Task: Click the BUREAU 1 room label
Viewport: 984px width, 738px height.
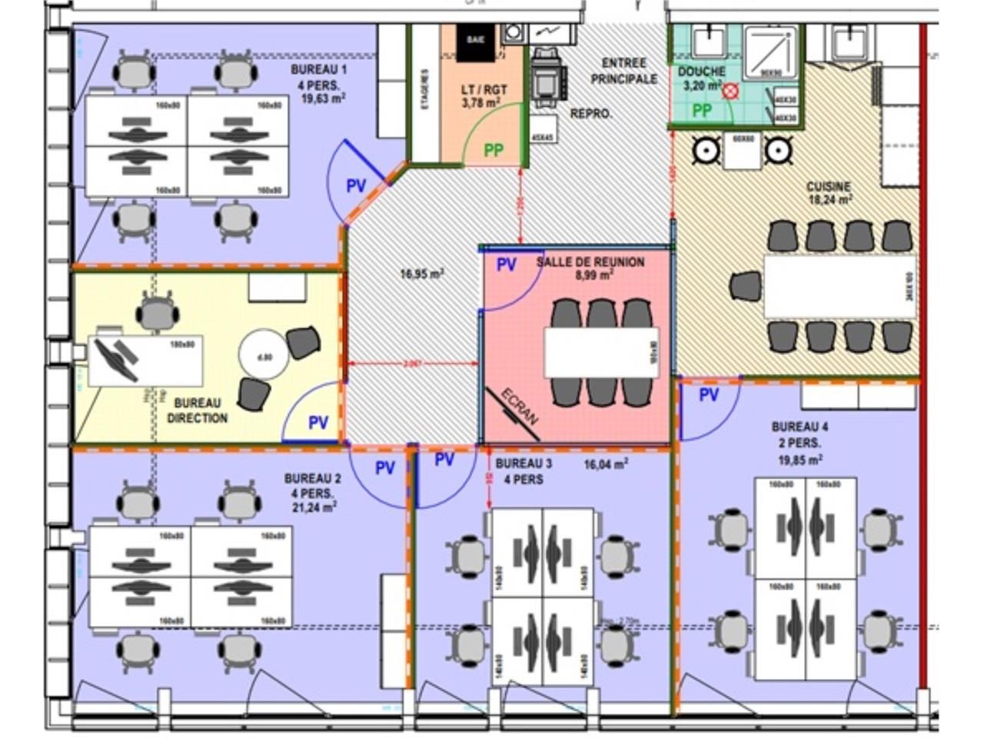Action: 319,69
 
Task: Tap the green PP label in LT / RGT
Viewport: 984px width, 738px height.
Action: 494,150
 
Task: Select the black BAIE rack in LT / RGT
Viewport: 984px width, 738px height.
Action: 477,42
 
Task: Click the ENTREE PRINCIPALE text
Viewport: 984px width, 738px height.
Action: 623,71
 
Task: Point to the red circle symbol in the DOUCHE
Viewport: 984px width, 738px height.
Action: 730,91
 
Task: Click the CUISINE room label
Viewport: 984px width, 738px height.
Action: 828,187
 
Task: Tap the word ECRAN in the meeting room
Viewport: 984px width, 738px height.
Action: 520,407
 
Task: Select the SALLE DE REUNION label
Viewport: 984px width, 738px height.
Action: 590,262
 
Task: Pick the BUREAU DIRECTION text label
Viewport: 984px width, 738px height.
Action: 198,411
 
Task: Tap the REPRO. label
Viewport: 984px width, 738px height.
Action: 591,114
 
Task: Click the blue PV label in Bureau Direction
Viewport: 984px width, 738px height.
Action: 318,422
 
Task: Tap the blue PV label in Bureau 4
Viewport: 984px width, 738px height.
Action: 709,395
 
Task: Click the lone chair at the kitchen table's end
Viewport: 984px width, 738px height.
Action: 745,287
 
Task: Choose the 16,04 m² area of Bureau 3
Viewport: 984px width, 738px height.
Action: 606,464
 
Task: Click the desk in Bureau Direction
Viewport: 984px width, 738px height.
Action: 146,360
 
